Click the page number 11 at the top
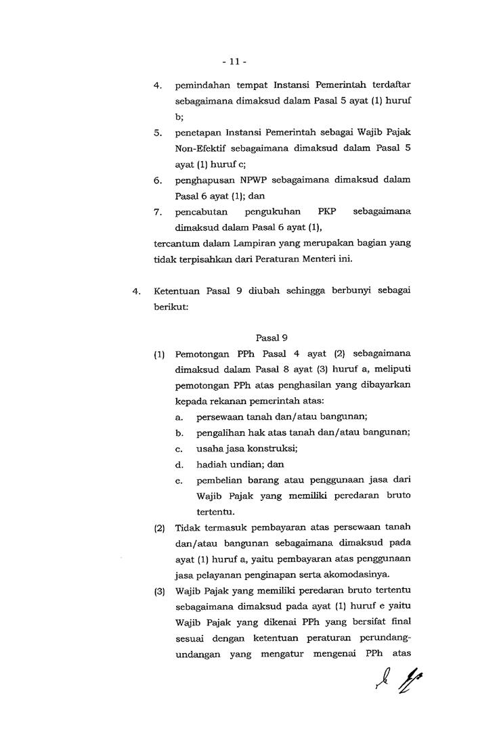(234, 62)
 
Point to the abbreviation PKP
(326, 212)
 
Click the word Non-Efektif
(202, 149)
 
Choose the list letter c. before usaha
(179, 449)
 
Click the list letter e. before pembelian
(179, 480)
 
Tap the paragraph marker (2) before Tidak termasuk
(160, 528)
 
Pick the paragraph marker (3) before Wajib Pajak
(160, 591)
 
